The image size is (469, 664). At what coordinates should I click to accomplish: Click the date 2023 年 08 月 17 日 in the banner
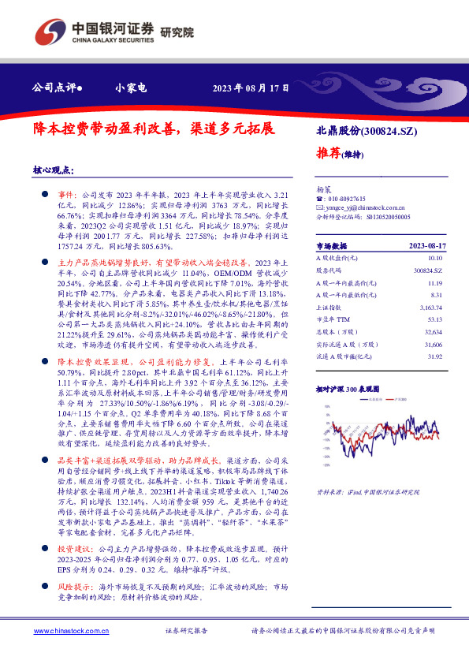tap(251, 88)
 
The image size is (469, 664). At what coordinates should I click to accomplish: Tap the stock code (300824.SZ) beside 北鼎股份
tap(389, 131)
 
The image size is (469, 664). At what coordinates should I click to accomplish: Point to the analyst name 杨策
tap(324, 190)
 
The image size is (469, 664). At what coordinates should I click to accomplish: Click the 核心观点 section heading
tap(54, 170)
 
